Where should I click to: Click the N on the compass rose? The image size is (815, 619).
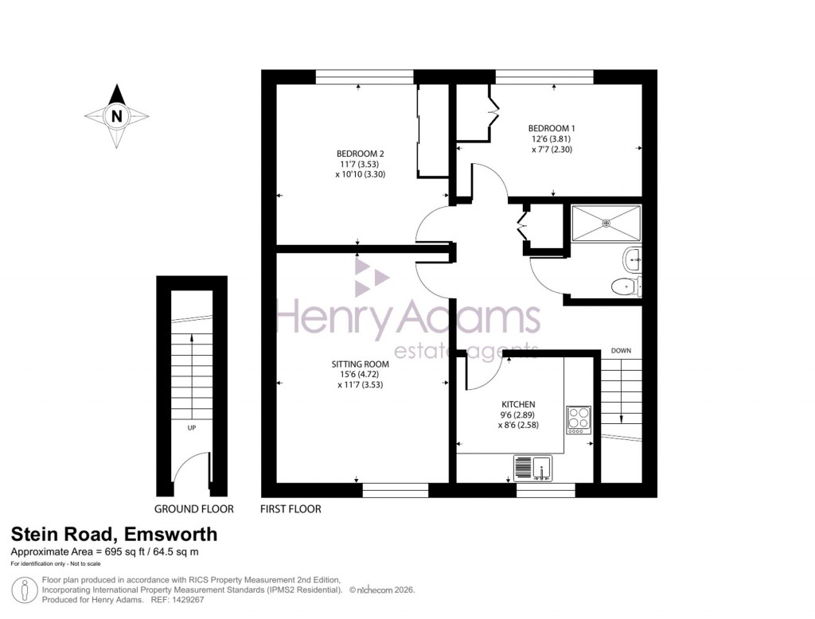click(x=117, y=116)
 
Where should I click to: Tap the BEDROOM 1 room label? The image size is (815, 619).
click(x=552, y=128)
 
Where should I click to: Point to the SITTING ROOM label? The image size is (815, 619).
click(x=360, y=364)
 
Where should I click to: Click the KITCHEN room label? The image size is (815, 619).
click(x=518, y=404)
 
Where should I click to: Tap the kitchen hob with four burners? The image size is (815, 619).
click(x=579, y=419)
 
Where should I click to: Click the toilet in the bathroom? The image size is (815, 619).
click(x=626, y=286)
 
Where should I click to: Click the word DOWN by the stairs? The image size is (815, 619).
click(x=621, y=351)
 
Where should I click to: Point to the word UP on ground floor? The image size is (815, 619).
click(x=191, y=428)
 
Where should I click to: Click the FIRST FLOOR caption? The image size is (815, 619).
click(x=291, y=509)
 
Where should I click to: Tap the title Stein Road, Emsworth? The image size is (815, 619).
click(x=113, y=535)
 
